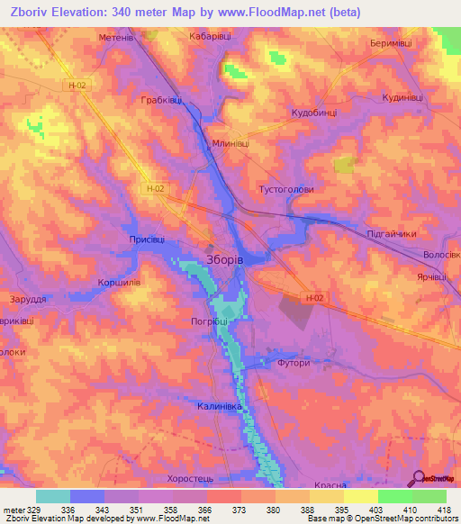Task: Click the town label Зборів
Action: (x=223, y=258)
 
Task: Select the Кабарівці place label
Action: (x=211, y=37)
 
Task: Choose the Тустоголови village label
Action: (x=286, y=189)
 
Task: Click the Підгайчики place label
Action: (x=393, y=234)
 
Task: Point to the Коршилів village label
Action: (x=118, y=282)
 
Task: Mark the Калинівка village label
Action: (x=220, y=407)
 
